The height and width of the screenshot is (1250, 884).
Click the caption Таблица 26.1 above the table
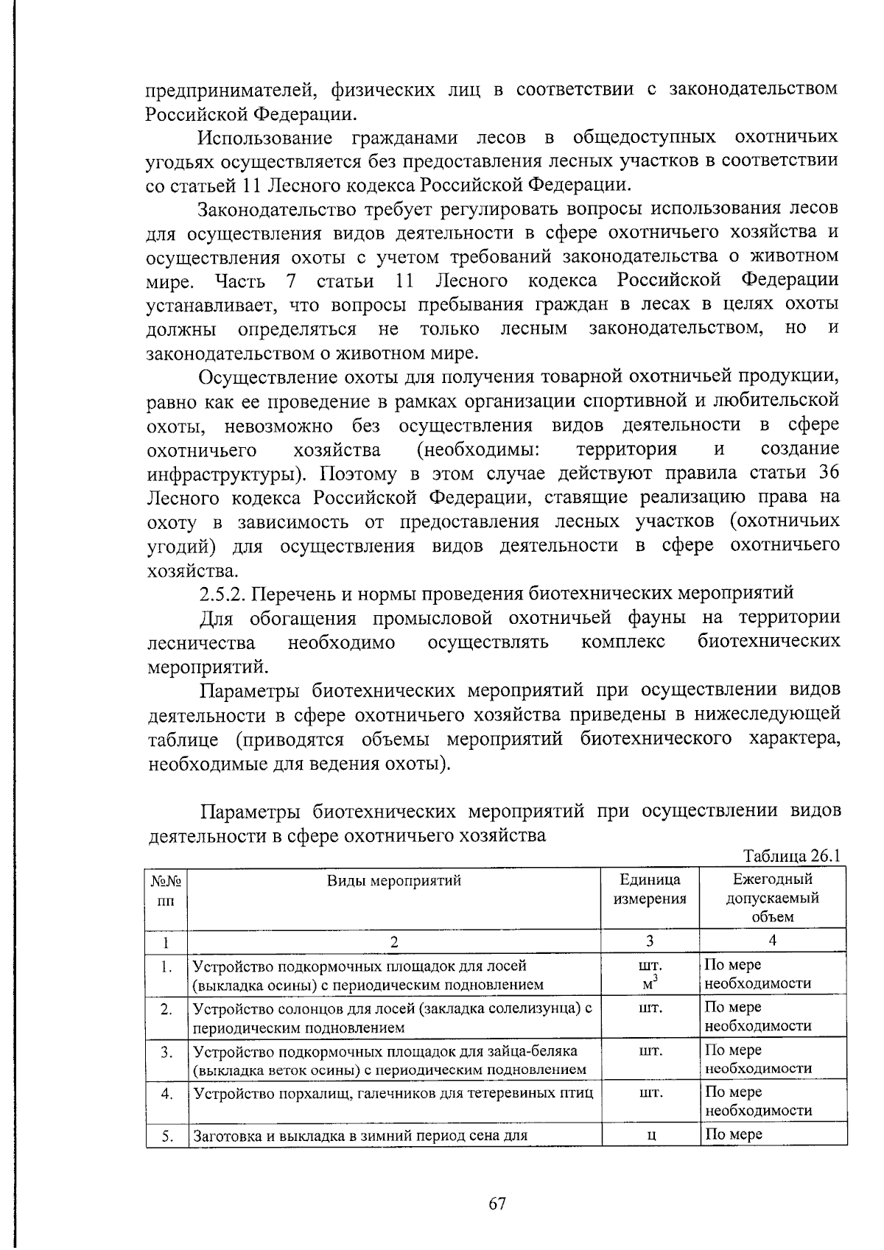click(x=791, y=856)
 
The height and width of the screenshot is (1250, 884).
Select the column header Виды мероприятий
click(x=394, y=880)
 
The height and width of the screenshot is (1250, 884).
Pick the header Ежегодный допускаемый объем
click(x=772, y=898)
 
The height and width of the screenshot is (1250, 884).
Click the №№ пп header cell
click(x=166, y=889)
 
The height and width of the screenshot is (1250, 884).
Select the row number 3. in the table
click(x=166, y=1051)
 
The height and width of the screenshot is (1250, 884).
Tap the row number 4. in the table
click(x=166, y=1094)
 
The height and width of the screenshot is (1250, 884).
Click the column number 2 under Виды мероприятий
click(x=394, y=941)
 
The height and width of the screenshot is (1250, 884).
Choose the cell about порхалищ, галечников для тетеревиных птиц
click(x=393, y=1093)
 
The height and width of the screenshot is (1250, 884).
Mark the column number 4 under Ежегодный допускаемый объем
click(x=772, y=941)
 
